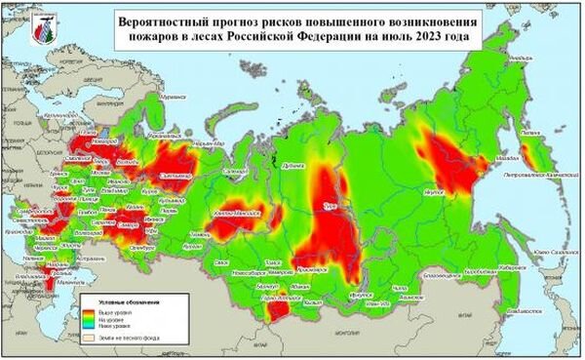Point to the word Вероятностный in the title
pos(165,20)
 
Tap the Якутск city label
pos(433,194)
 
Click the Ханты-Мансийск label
pos(233,212)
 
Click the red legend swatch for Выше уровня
pos(86,314)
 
